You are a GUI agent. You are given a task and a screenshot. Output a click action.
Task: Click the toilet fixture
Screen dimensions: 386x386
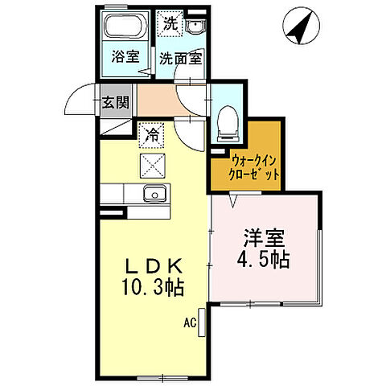225,121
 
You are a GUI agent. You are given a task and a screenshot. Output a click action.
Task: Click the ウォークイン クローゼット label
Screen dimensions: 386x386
245,166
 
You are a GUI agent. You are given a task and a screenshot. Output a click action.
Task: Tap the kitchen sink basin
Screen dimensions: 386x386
154,195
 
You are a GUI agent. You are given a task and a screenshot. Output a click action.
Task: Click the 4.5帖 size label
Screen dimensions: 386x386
264,261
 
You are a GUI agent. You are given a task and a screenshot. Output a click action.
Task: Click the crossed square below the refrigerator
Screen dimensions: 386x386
151,166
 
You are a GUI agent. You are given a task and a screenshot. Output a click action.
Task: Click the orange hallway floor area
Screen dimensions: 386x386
158,102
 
